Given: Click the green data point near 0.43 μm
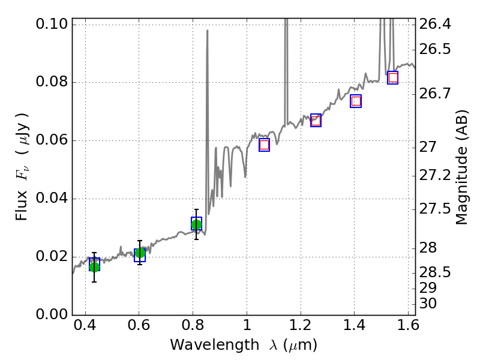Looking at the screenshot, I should [94, 266].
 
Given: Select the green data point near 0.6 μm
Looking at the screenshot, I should [140, 253].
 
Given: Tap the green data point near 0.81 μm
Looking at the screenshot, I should [196, 224].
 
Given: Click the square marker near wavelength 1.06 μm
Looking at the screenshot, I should [264, 145].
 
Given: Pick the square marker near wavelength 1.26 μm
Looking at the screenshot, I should [316, 120].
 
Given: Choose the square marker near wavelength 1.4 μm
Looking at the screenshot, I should [356, 101].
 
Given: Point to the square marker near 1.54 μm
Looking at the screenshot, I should [393, 77].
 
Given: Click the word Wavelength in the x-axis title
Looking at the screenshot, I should [203, 345].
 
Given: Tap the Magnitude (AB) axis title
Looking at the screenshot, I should [461, 167].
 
